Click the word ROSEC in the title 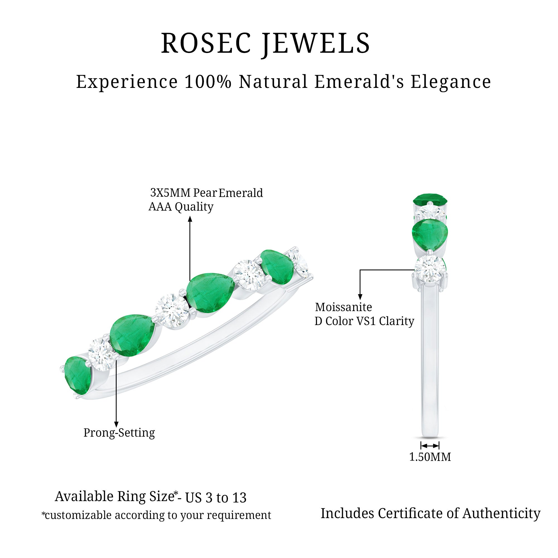tap(206, 43)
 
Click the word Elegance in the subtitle tap(451, 82)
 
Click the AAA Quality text tap(181, 207)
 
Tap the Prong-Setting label tap(119, 432)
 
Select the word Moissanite tap(343, 307)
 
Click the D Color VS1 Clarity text tap(364, 321)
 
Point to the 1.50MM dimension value tap(430, 457)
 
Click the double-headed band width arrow tap(430, 445)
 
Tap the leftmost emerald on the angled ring tap(77, 374)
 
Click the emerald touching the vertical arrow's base tap(210, 292)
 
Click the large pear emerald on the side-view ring tap(430, 235)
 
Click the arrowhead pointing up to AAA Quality tap(190, 220)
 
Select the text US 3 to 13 tap(216, 498)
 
